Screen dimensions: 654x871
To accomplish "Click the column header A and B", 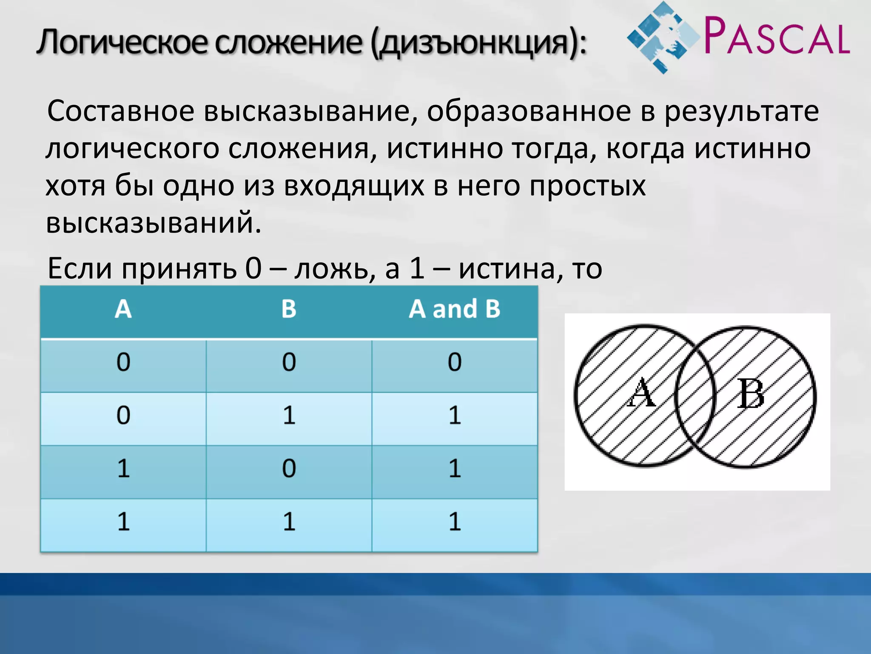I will pyautogui.click(x=454, y=309).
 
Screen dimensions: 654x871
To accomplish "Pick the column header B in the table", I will pyautogui.click(x=289, y=309).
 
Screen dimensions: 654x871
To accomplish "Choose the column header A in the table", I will pyautogui.click(x=123, y=309).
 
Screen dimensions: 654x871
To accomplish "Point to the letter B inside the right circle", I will pyautogui.click(x=751, y=394).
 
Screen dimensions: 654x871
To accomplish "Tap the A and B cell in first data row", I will pyautogui.click(x=454, y=362).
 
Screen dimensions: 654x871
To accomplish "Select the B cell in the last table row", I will pyautogui.click(x=289, y=522).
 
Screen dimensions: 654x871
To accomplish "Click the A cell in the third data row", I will pyautogui.click(x=123, y=469).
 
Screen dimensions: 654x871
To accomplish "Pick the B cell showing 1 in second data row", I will pyautogui.click(x=289, y=416).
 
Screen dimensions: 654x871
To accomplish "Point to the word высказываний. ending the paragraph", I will pyautogui.click(x=153, y=222).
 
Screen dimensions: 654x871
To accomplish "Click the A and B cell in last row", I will pyautogui.click(x=454, y=522).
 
